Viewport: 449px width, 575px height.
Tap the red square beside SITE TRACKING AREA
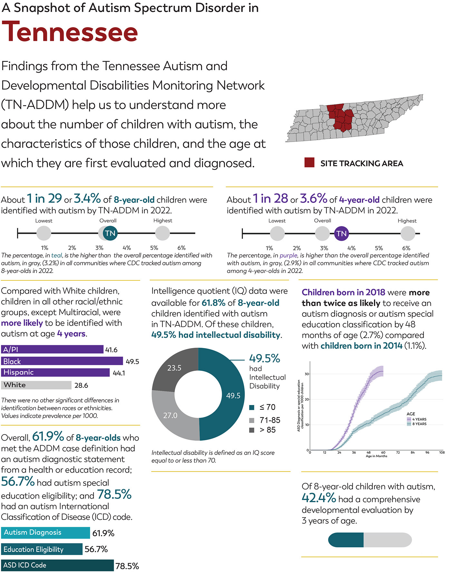[309, 163]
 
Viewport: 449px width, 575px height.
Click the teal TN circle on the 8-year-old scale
[110, 233]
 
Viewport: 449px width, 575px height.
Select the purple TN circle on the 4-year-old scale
[341, 233]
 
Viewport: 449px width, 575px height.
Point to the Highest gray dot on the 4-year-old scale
[408, 233]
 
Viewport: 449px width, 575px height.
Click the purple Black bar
[62, 361]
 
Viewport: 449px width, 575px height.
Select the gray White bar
[36, 385]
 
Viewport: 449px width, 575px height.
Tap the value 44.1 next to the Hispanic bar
[119, 373]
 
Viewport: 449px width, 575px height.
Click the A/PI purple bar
[52, 349]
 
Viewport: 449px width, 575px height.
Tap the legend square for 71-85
[252, 420]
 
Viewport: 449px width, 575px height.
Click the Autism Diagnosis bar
[45, 533]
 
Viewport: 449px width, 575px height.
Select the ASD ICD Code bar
[57, 565]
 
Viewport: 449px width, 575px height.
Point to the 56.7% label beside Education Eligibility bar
[96, 549]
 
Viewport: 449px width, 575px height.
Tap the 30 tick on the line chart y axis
[307, 374]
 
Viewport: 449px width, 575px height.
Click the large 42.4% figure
[319, 498]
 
